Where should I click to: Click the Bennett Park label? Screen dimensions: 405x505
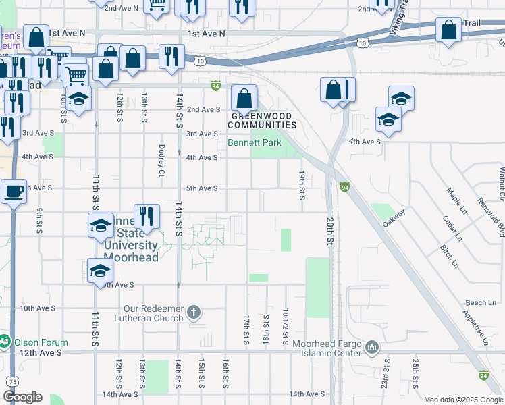pos(254,143)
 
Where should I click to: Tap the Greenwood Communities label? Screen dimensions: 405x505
pos(264,120)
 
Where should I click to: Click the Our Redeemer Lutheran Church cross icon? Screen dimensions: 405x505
pos(194,311)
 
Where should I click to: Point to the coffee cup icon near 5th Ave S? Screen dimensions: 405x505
pos(14,192)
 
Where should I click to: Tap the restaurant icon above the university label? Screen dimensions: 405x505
pos(147,216)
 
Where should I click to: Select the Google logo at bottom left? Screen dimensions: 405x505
pos(22,397)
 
